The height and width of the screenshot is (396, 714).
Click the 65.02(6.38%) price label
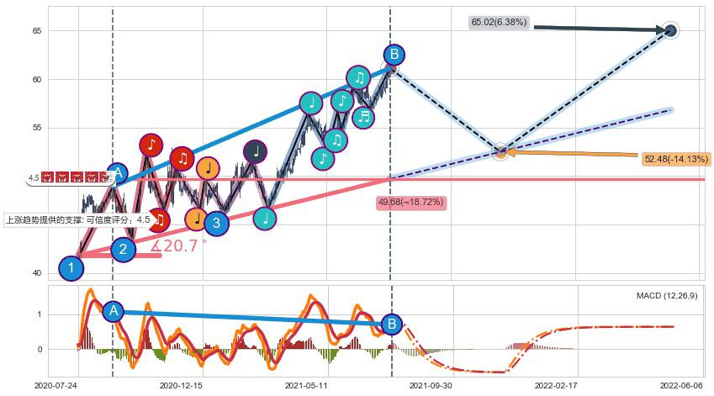point(499,23)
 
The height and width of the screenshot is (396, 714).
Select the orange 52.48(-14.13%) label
point(675,159)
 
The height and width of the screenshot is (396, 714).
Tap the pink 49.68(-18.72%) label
point(411,203)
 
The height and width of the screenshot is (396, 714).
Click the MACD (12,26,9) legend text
point(666,296)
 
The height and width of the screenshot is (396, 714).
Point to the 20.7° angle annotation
point(178,246)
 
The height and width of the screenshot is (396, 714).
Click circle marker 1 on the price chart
point(71,269)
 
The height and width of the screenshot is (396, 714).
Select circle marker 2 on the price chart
point(123,249)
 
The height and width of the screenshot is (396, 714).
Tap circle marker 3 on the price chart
point(216,223)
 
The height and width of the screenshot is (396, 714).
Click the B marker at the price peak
point(393,55)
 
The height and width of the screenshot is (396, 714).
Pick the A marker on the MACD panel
point(114,311)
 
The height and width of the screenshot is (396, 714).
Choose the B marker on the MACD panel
point(391,325)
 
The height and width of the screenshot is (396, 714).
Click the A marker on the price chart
point(118,174)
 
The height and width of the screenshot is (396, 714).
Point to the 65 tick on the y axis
point(36,31)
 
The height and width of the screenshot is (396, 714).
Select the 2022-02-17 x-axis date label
point(556,384)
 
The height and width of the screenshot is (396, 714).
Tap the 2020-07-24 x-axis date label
point(56,384)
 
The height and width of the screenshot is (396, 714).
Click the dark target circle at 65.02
point(670,31)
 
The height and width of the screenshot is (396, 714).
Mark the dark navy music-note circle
point(256,151)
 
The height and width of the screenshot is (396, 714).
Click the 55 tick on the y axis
point(36,128)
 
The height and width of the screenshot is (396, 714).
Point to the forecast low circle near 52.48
point(500,152)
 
